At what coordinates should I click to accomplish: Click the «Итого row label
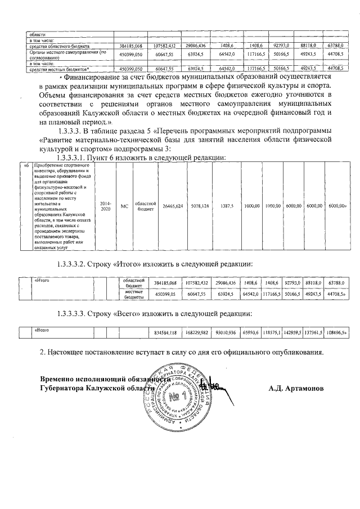point(43,280)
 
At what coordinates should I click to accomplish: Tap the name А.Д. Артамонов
point(296,388)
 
